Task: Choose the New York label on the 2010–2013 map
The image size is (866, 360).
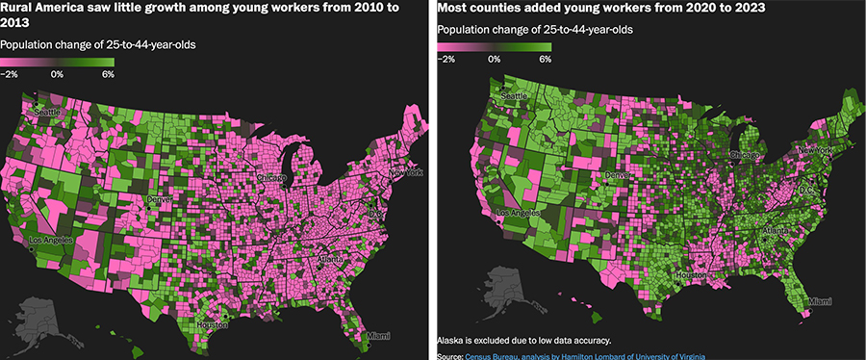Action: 406,173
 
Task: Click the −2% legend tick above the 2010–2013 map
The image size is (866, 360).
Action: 10,73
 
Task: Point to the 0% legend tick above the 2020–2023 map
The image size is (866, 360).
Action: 494,59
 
